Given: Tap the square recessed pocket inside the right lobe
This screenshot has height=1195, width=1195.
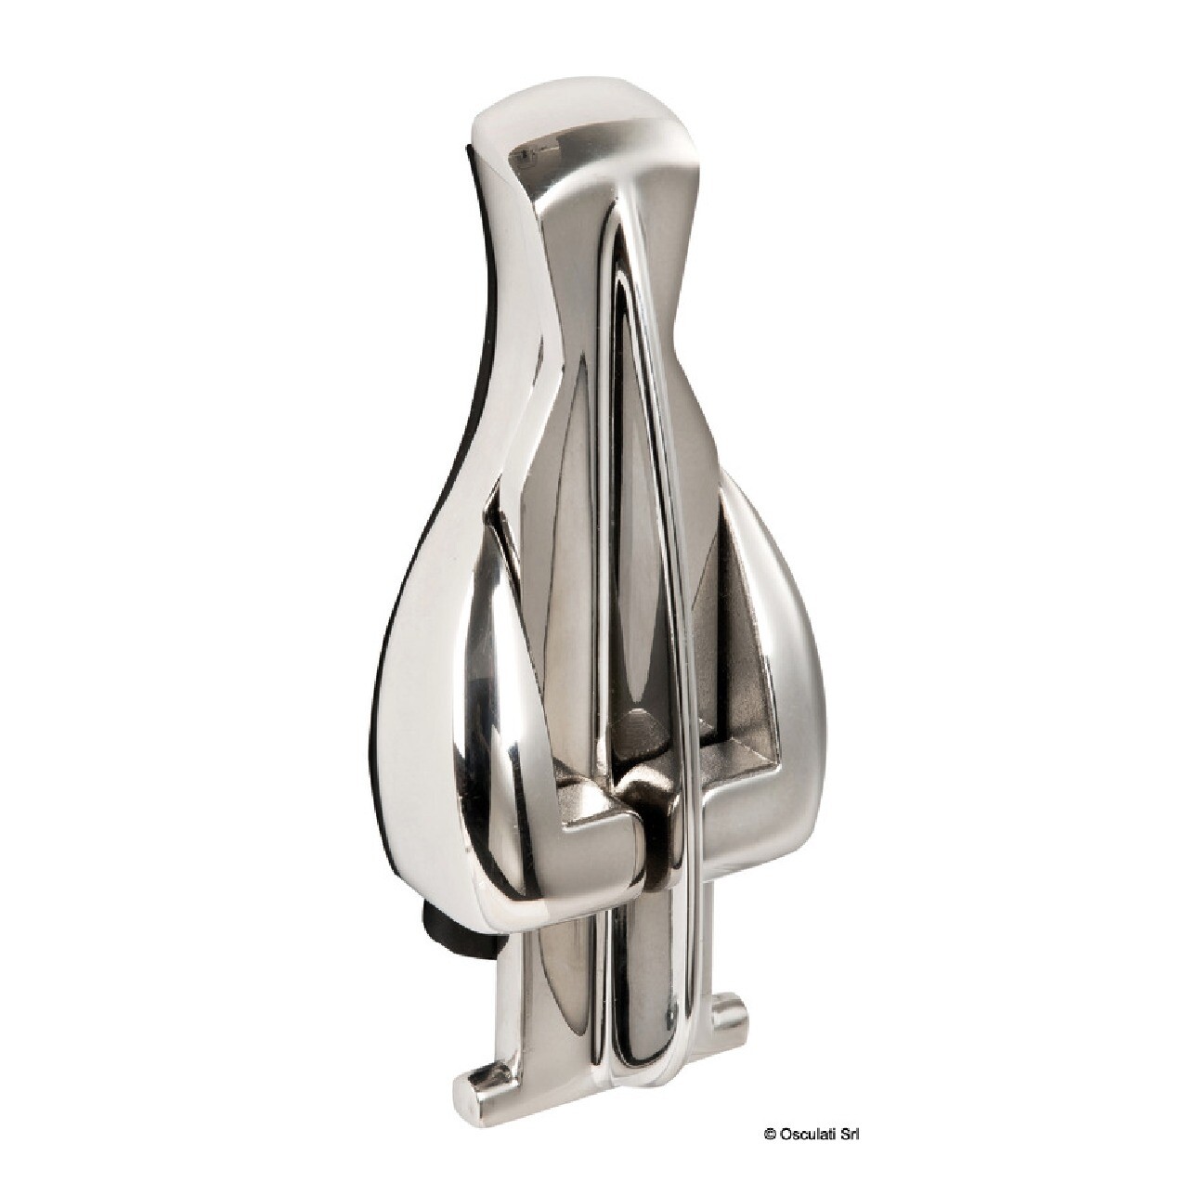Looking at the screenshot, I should [x=734, y=761].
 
